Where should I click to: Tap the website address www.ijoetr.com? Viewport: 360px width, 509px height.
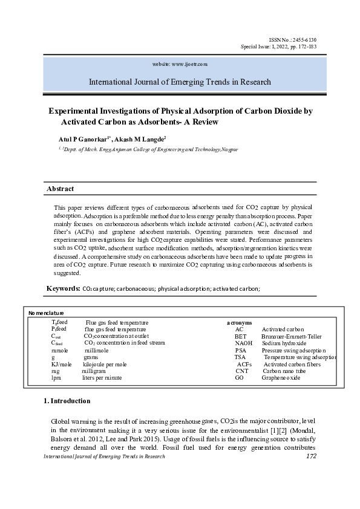tap(181, 63)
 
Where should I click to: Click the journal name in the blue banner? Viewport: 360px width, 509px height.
tap(180, 82)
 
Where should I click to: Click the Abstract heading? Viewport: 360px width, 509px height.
tap(61, 189)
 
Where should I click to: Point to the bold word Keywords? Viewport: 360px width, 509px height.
tap(62, 288)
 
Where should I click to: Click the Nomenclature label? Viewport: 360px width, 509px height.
tap(46, 313)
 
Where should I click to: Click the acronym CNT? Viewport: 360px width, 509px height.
tap(241, 371)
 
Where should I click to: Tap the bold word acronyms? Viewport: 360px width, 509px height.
tap(240, 323)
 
